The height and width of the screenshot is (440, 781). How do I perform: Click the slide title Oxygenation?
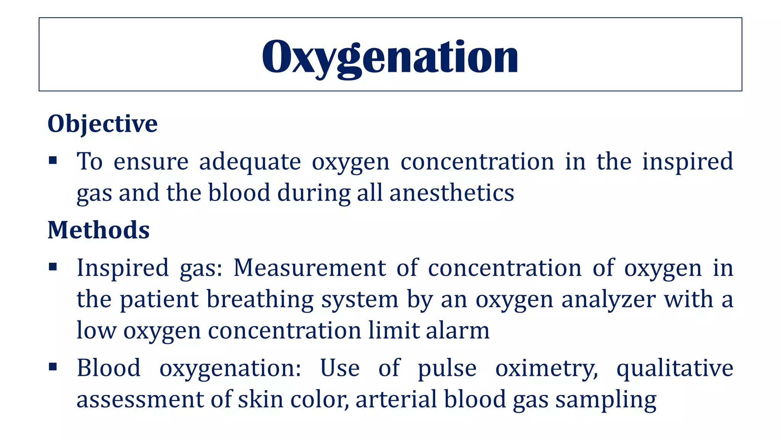click(x=390, y=57)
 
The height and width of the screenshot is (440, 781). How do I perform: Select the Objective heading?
click(x=102, y=124)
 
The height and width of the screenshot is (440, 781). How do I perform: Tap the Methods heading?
click(x=98, y=230)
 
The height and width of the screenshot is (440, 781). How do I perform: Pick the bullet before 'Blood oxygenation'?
click(x=53, y=367)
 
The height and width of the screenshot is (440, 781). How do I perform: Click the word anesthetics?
click(x=452, y=192)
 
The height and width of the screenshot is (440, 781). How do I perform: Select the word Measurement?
click(x=310, y=268)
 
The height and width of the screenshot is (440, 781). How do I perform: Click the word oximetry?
click(x=546, y=369)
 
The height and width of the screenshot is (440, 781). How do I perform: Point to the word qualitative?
click(x=675, y=369)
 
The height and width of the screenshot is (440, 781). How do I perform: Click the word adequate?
click(x=250, y=162)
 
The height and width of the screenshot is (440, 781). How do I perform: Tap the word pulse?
click(x=447, y=369)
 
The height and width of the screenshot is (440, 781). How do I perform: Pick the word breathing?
click(x=260, y=299)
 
